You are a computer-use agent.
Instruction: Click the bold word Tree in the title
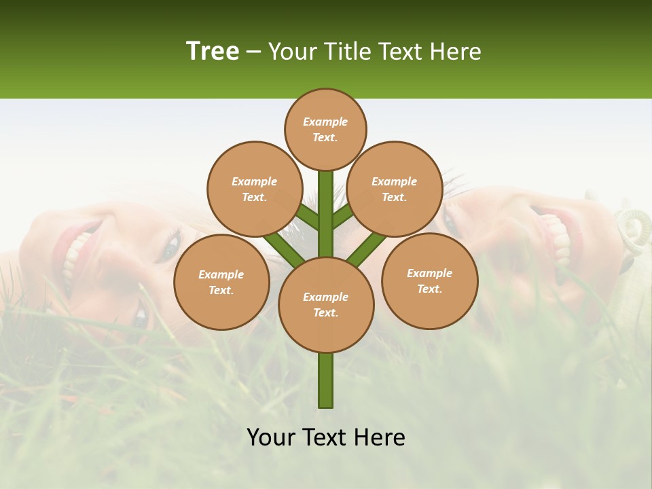point(213,52)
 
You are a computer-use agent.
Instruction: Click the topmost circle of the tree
point(325,130)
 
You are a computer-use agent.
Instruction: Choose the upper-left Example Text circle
point(254,189)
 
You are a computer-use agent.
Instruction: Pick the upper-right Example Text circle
point(394,189)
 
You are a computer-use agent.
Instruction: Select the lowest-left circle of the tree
point(221,282)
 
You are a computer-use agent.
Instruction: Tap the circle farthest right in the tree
point(429,280)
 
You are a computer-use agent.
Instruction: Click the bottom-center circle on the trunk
point(326,305)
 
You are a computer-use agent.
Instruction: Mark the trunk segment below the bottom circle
point(326,380)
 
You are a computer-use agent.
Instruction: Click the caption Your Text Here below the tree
point(326,437)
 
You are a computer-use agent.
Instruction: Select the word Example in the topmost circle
point(325,122)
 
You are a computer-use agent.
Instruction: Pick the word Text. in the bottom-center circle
point(325,313)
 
